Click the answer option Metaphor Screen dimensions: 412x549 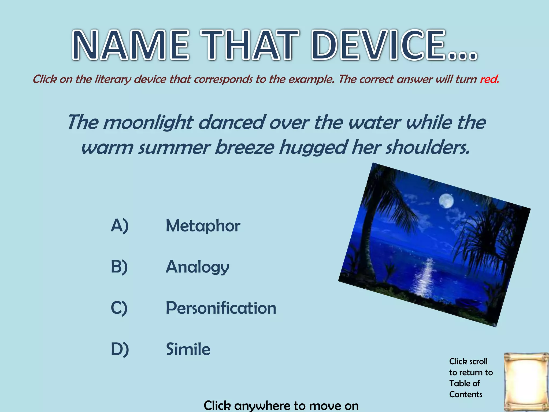coord(203,226)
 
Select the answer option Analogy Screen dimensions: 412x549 coord(197,267)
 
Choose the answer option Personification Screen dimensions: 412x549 coord(221,308)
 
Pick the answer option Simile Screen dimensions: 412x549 coord(188,349)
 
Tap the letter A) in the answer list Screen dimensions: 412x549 coord(120,226)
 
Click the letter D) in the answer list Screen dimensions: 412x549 coord(120,349)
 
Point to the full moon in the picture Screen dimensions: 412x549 coord(446,201)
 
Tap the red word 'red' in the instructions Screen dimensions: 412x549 coord(489,79)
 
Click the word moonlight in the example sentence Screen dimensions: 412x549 coord(148,123)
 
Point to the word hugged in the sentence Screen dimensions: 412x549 coord(313,148)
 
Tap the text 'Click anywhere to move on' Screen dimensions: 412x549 coord(281,405)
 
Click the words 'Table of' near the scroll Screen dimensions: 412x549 coord(465,383)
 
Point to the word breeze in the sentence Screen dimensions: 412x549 coord(244,148)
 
